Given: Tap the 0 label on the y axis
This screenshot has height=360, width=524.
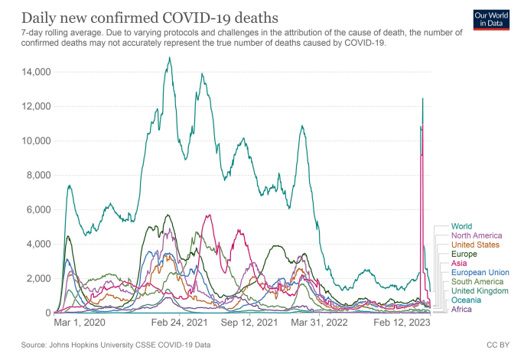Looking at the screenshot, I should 47,313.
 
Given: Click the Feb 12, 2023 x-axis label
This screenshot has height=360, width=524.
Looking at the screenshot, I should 402,323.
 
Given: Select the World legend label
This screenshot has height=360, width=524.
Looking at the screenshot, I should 461,226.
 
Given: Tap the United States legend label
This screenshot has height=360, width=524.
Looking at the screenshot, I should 475,245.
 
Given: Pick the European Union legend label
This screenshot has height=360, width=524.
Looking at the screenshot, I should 480,272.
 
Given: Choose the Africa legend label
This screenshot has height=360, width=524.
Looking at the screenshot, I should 461,309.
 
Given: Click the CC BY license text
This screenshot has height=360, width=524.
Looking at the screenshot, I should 496,345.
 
